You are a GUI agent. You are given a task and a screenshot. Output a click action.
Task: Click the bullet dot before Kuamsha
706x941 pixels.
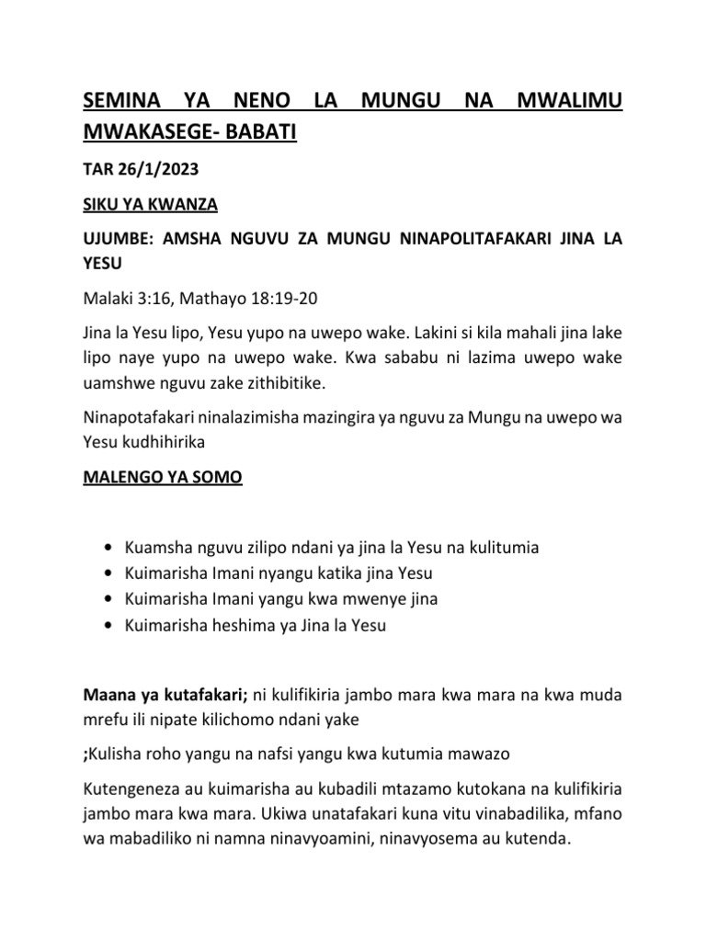111,549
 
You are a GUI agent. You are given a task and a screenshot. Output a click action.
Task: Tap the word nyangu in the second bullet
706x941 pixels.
290,574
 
